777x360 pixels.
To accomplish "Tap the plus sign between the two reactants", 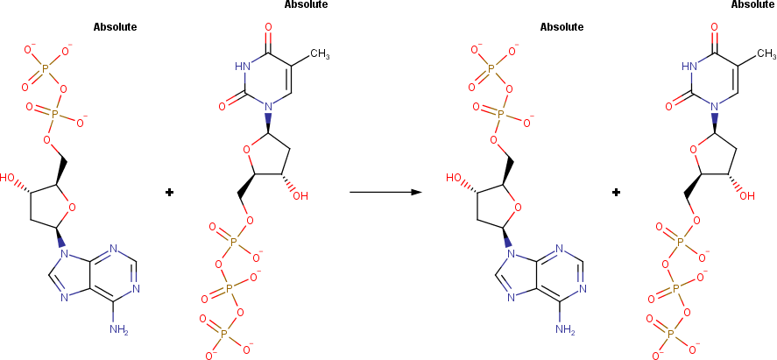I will pyautogui.click(x=170, y=192).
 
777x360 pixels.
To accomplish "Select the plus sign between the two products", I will pyautogui.click(x=617, y=192).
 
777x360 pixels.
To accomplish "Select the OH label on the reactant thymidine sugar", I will pyautogui.click(x=300, y=195).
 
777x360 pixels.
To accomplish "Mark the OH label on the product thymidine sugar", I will pyautogui.click(x=747, y=195).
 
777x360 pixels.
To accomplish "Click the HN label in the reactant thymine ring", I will pyautogui.click(x=244, y=65).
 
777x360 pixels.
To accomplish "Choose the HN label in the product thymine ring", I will pyautogui.click(x=691, y=65).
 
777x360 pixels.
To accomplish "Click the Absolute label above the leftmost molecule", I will pyautogui.click(x=115, y=26).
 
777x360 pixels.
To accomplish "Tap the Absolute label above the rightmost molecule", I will pyautogui.click(x=753, y=4).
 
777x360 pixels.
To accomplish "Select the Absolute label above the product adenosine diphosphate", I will pyautogui.click(x=562, y=26).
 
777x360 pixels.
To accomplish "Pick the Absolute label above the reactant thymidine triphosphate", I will pyautogui.click(x=307, y=4).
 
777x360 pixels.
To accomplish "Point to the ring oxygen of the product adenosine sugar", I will pyautogui.click(x=519, y=208).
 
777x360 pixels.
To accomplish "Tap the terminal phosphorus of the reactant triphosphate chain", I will pyautogui.click(x=223, y=333).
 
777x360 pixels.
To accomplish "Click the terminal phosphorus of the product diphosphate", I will pyautogui.click(x=491, y=67).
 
